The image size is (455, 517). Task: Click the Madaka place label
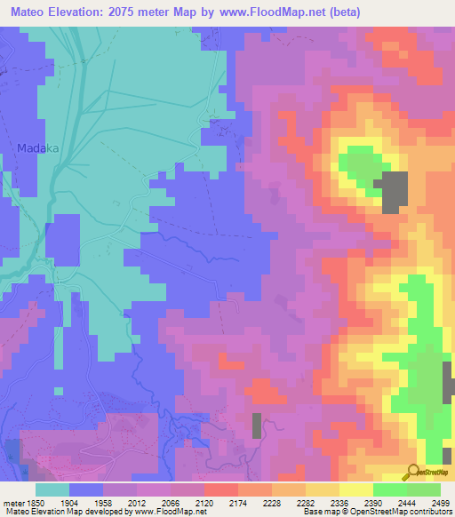[x=37, y=149]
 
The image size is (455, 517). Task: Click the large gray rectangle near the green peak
[x=391, y=193]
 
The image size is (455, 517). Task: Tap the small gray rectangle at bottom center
[x=257, y=426]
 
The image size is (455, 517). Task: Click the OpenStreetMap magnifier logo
[x=413, y=473]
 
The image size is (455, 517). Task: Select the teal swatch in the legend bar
[x=52, y=489]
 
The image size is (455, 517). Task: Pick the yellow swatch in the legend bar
[x=356, y=489]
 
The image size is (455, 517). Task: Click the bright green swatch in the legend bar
[x=390, y=489]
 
